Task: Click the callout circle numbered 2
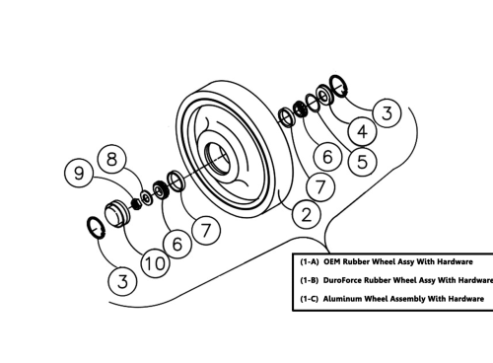tap(307, 215)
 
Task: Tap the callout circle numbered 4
tap(362, 132)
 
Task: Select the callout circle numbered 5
tap(362, 162)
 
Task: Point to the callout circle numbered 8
tap(112, 160)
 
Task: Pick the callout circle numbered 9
tap(79, 173)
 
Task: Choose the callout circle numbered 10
tap(155, 263)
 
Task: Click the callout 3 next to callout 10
tap(122, 282)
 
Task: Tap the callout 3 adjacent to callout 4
tap(387, 112)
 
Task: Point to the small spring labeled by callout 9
tap(136, 203)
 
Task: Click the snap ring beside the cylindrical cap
tap(97, 227)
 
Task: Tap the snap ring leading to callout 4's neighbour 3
tap(338, 86)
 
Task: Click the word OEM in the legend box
tap(331, 262)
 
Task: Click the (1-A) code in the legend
tap(310, 262)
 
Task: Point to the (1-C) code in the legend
tap(310, 299)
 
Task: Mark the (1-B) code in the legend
tap(310, 280)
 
